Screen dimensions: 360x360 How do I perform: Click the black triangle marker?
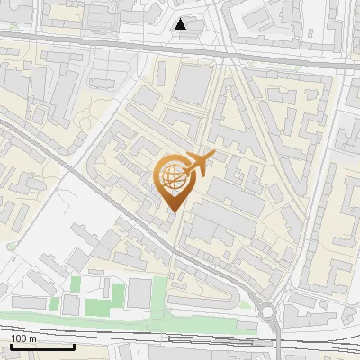pos(181,24)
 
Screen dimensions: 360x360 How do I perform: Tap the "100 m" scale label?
pos(23,338)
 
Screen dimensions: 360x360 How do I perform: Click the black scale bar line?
pos(42,346)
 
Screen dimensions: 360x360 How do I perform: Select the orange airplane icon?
pos(197,164)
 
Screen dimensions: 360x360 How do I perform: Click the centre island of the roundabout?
pos(267,312)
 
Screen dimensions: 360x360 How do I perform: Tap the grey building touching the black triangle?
pos(190,35)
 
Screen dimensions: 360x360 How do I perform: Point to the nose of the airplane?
pos(212,155)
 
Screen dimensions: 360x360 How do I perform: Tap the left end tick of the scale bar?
pos(11,346)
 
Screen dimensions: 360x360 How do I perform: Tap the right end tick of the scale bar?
pos(74,346)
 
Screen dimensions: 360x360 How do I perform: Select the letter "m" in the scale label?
pos(33,338)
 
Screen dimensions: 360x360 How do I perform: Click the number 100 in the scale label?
pos(19,338)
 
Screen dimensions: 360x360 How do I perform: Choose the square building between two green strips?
pos(139,292)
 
